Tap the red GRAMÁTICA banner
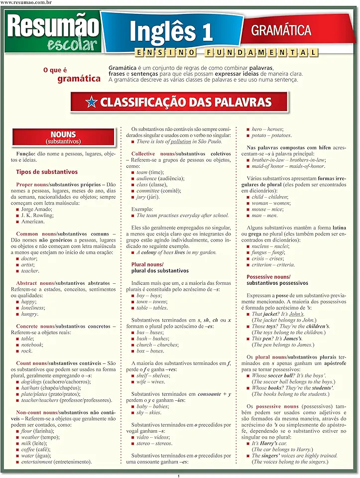tap(281, 30)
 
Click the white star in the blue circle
tap(91, 103)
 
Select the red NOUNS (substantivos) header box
tap(63, 137)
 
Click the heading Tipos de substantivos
tap(47, 172)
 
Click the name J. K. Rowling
tap(37, 215)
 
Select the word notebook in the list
tap(32, 345)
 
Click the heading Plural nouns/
tap(147, 264)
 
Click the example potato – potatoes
tap(271, 135)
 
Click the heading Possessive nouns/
tap(268, 277)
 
